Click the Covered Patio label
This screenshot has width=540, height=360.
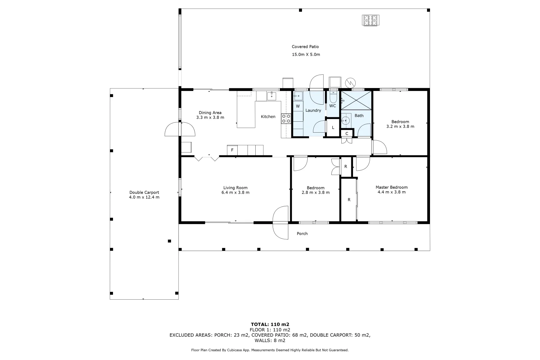pos(305,47)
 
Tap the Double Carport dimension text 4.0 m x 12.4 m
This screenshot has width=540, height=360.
pos(144,197)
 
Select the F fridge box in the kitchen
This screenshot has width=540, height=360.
pos(232,150)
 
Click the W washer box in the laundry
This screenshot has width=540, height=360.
pos(298,106)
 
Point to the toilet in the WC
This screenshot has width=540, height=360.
pos(333,97)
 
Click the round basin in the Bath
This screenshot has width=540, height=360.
pos(346,120)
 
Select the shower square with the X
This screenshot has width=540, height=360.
pos(356,100)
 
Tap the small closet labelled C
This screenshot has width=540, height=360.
pos(347,133)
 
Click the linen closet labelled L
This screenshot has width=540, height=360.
pos(333,128)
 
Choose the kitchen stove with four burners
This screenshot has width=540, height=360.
pos(286,119)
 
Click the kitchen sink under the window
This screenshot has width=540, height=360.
pos(271,96)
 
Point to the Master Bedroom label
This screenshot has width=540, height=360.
pos(391,187)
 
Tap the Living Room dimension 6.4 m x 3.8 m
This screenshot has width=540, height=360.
pos(235,193)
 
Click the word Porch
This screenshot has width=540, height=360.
pos(302,234)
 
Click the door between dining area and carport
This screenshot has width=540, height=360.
pos(180,129)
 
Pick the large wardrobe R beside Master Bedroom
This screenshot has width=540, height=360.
pos(349,200)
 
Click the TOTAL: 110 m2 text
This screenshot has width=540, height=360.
pos(270,324)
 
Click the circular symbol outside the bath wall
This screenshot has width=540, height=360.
pos(350,82)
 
